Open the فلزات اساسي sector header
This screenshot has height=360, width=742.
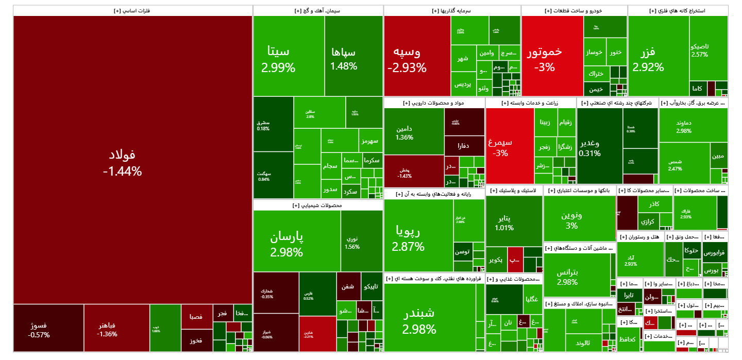tap(133, 10)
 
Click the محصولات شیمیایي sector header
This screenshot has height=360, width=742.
tap(318, 205)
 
